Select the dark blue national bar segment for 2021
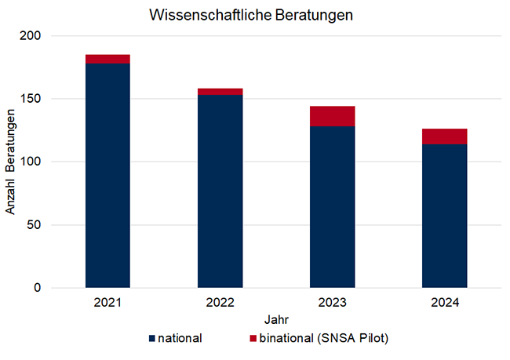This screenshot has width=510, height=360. (107, 176)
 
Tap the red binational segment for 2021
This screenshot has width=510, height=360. (107, 59)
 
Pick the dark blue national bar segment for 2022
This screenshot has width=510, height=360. (220, 191)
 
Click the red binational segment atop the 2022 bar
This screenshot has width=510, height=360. (220, 92)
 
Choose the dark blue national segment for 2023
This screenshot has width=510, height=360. (332, 207)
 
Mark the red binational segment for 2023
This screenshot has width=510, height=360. (332, 116)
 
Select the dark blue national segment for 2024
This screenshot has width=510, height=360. (444, 216)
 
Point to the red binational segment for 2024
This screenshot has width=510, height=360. (444, 136)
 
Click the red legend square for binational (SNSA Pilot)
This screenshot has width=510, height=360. (252, 339)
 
